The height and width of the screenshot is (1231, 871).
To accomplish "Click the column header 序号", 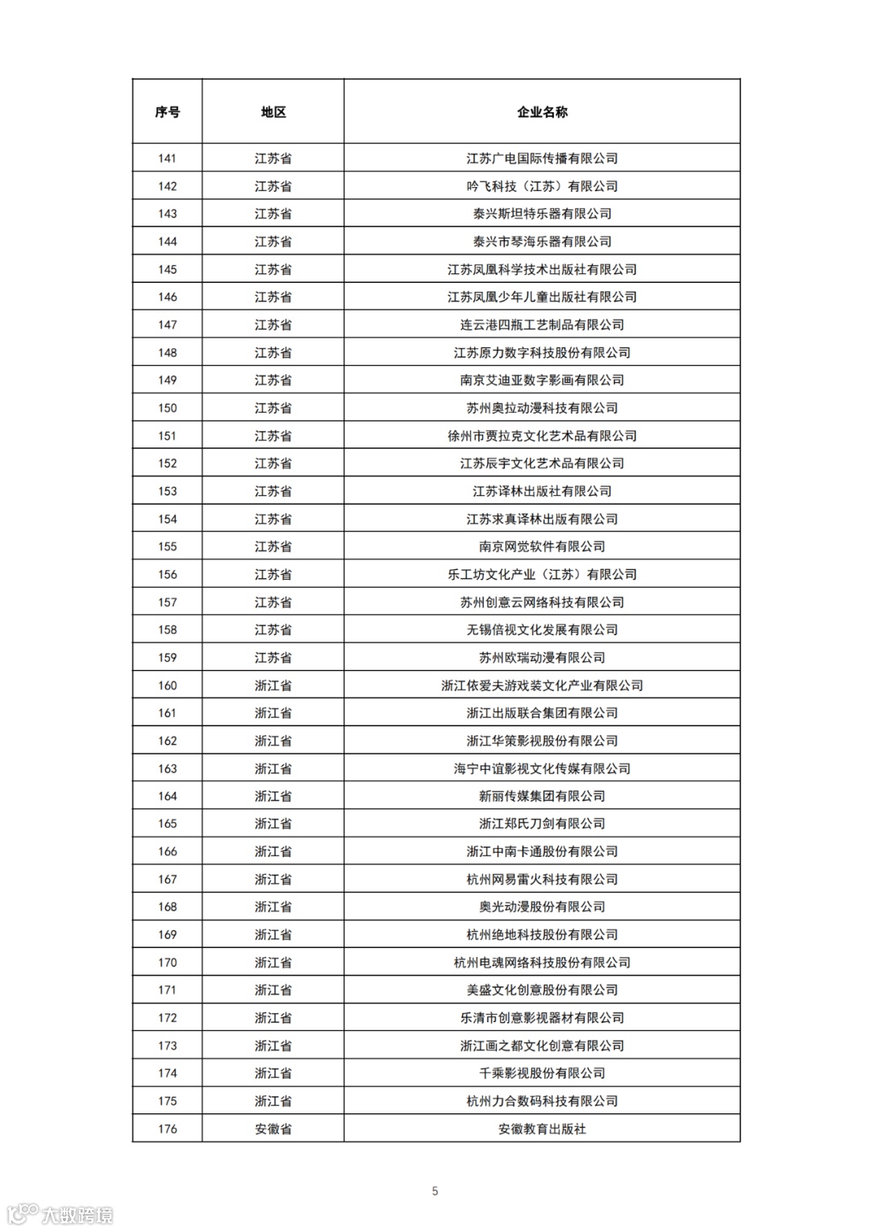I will pyautogui.click(x=167, y=112).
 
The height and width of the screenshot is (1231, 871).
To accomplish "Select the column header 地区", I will pyautogui.click(x=273, y=112).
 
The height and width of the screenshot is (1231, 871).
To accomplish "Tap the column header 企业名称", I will pyautogui.click(x=542, y=112).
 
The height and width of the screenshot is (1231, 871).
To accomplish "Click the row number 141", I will pyautogui.click(x=167, y=158).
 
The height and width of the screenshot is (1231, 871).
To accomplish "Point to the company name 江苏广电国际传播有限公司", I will pyautogui.click(x=542, y=158).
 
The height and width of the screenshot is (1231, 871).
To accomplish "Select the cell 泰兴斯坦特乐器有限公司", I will pyautogui.click(x=542, y=214).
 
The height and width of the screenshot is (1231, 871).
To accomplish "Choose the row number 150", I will pyautogui.click(x=167, y=408).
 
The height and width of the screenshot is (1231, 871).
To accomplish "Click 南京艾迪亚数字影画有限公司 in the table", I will pyautogui.click(x=542, y=381).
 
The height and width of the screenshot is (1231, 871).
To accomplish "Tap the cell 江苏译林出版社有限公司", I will pyautogui.click(x=542, y=491).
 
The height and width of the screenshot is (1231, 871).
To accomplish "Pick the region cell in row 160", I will pyautogui.click(x=273, y=685).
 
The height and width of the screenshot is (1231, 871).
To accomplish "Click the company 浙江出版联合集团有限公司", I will pyautogui.click(x=542, y=713).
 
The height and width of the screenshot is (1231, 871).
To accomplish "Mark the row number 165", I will pyautogui.click(x=167, y=824).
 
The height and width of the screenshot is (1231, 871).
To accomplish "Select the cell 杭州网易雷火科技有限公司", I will pyautogui.click(x=542, y=880).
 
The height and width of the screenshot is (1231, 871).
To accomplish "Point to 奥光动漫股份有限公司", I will pyautogui.click(x=542, y=907).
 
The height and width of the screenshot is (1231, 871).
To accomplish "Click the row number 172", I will pyautogui.click(x=167, y=1018).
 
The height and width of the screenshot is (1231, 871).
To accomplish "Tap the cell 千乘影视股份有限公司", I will pyautogui.click(x=542, y=1073).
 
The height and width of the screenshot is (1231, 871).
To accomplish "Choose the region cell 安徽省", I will pyautogui.click(x=273, y=1129).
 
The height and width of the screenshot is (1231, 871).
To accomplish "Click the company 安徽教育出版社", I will pyautogui.click(x=542, y=1129).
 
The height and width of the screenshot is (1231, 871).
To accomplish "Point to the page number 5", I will pyautogui.click(x=435, y=1191).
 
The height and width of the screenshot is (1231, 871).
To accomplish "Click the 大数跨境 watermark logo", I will pyautogui.click(x=60, y=1214).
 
